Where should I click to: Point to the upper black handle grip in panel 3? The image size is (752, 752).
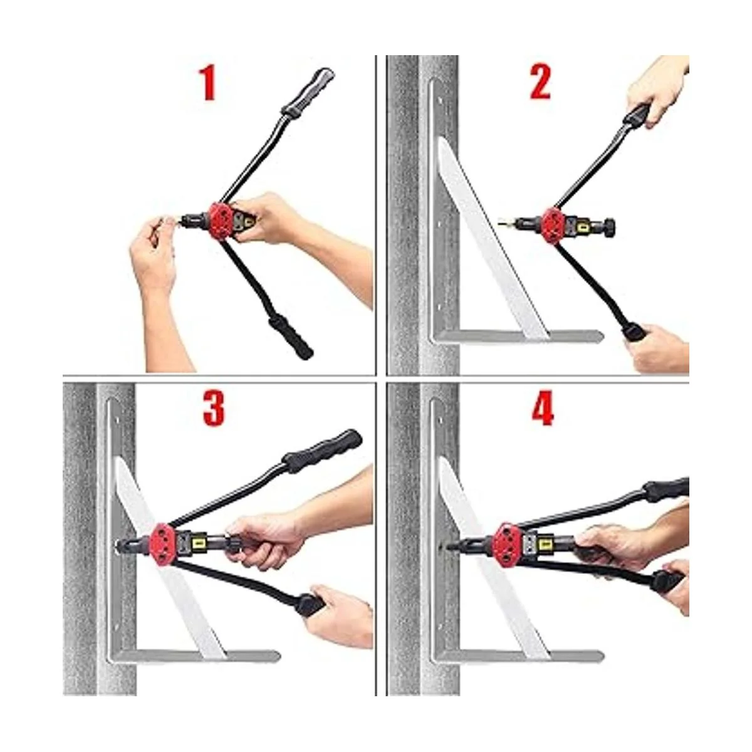tap(323, 447)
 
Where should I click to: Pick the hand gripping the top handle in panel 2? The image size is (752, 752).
tap(659, 88)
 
